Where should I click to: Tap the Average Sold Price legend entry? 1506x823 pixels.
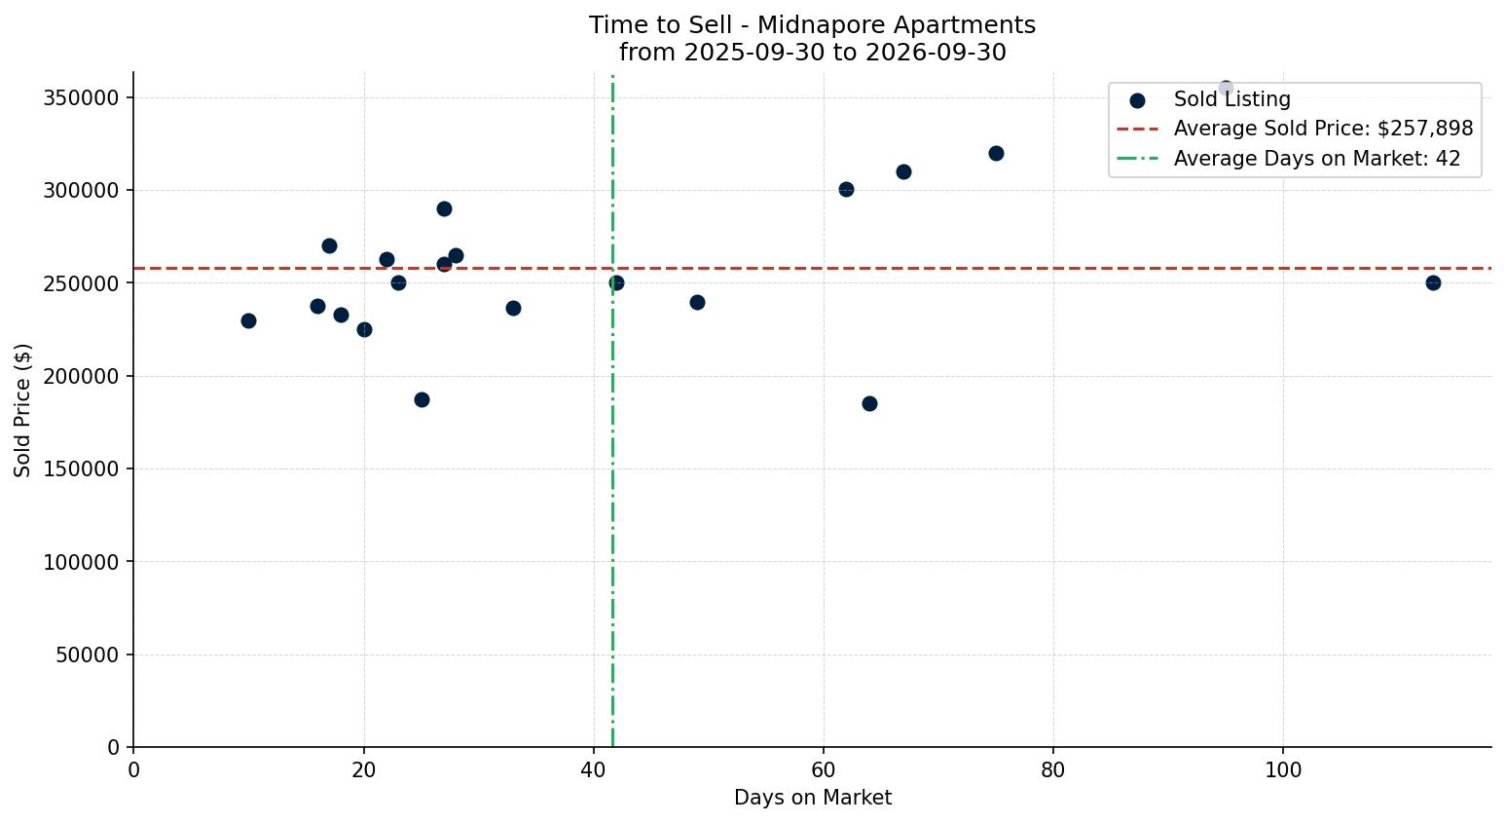pos(1295,129)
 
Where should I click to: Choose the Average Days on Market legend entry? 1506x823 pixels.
pos(1289,159)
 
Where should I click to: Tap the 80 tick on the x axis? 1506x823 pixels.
pos(1053,769)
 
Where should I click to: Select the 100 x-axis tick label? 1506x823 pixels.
pos(1283,769)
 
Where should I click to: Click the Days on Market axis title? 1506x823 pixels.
pos(812,798)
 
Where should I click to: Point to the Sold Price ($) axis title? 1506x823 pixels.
pos(22,410)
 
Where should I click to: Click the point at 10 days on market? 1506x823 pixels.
pos(249,320)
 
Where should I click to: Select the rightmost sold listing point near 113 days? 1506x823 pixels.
pos(1433,283)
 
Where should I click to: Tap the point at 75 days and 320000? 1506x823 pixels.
pos(996,153)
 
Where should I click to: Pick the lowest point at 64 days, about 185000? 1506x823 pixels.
pos(869,403)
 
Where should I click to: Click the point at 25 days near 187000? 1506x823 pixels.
pos(422,400)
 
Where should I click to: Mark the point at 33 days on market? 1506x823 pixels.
pos(513,309)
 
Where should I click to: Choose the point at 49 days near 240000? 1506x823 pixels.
pos(697,303)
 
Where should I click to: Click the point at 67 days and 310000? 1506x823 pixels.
pos(903,172)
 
